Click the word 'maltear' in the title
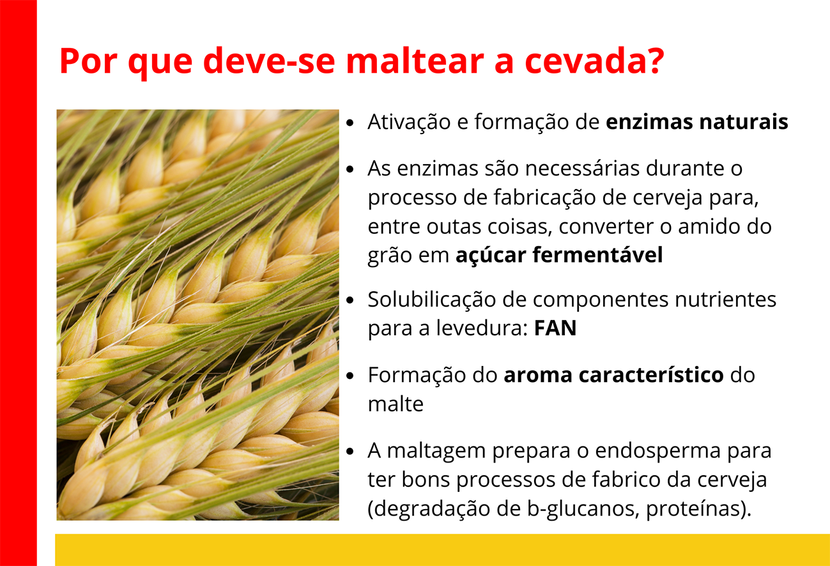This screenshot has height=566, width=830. click(x=415, y=61)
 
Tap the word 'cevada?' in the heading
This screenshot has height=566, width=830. click(x=594, y=61)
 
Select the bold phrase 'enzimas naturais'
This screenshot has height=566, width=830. click(x=696, y=122)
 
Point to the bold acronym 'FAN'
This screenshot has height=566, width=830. click(x=555, y=328)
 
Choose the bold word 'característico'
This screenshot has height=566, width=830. click(x=651, y=375)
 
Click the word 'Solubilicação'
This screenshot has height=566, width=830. click(x=432, y=300)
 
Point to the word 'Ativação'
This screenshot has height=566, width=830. click(x=409, y=122)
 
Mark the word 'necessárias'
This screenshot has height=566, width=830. click(x=582, y=169)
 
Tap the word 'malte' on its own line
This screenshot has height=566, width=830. click(x=396, y=404)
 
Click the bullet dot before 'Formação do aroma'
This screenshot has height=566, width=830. click(x=350, y=376)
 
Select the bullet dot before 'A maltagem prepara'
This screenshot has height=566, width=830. click(x=350, y=452)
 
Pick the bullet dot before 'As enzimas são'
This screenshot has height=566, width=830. click(x=350, y=169)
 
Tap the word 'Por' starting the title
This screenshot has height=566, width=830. click(x=88, y=61)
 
